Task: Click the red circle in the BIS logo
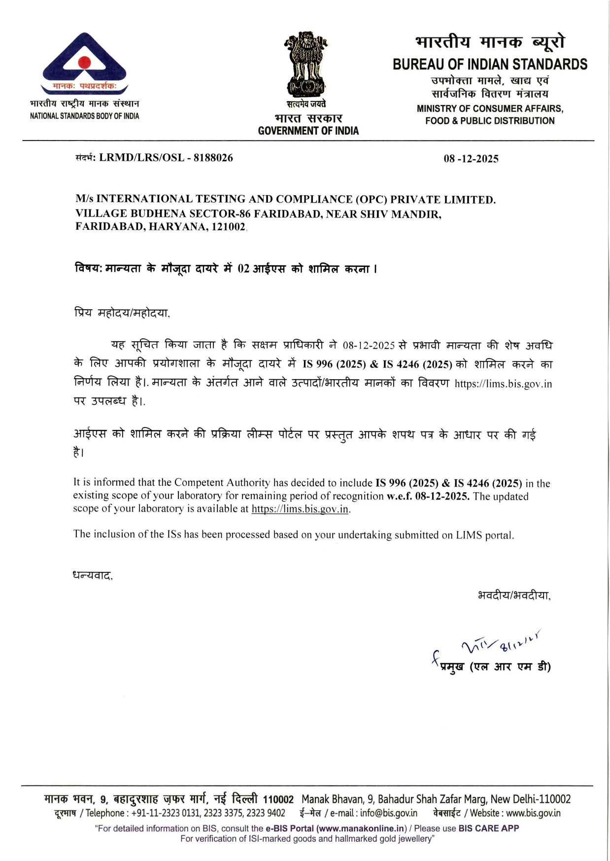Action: click(x=84, y=63)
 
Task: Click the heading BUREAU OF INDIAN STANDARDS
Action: click(x=490, y=65)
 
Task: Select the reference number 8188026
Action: click(x=213, y=158)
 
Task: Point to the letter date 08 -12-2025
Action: click(x=471, y=159)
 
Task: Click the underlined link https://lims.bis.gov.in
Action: click(x=300, y=509)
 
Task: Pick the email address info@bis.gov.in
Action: click(x=388, y=813)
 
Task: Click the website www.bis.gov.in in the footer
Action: click(x=533, y=813)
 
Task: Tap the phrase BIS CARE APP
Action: click(x=488, y=828)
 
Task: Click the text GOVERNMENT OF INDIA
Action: click(x=308, y=131)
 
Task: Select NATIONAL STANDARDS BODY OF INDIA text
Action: click(x=84, y=116)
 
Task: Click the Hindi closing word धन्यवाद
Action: click(x=93, y=575)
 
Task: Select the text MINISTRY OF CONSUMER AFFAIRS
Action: click(x=490, y=108)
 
